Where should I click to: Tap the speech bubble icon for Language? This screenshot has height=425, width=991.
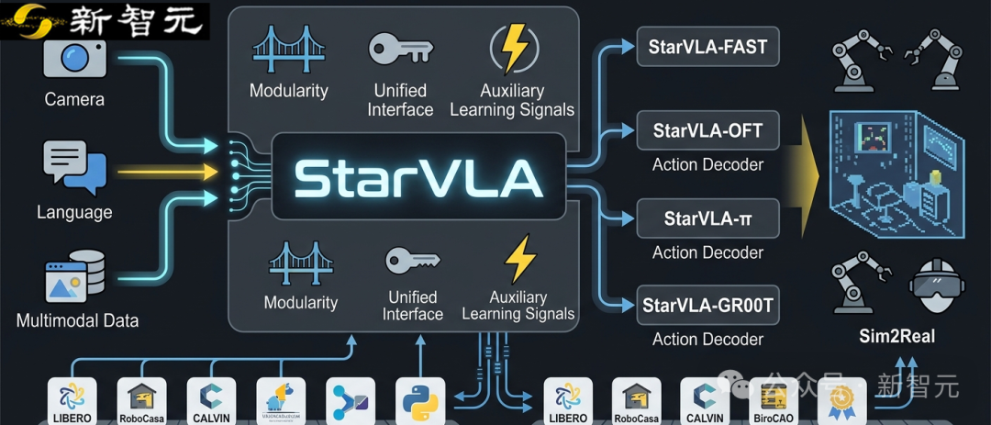pyautogui.click(x=74, y=169)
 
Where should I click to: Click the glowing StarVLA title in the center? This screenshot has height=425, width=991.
pyautogui.click(x=418, y=178)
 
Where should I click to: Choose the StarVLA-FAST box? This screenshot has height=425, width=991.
pyautogui.click(x=707, y=47)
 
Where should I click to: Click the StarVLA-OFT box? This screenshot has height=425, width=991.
pyautogui.click(x=707, y=130)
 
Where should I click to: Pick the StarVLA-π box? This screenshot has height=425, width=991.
pyautogui.click(x=707, y=218)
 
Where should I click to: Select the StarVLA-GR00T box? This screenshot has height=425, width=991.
pyautogui.click(x=707, y=305)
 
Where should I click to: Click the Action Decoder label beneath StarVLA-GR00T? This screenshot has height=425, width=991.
pyautogui.click(x=707, y=339)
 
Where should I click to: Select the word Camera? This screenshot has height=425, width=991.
pyautogui.click(x=74, y=99)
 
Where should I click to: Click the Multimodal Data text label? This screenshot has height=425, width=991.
pyautogui.click(x=77, y=321)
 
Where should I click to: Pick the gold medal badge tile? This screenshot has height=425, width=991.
pyautogui.click(x=841, y=401)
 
